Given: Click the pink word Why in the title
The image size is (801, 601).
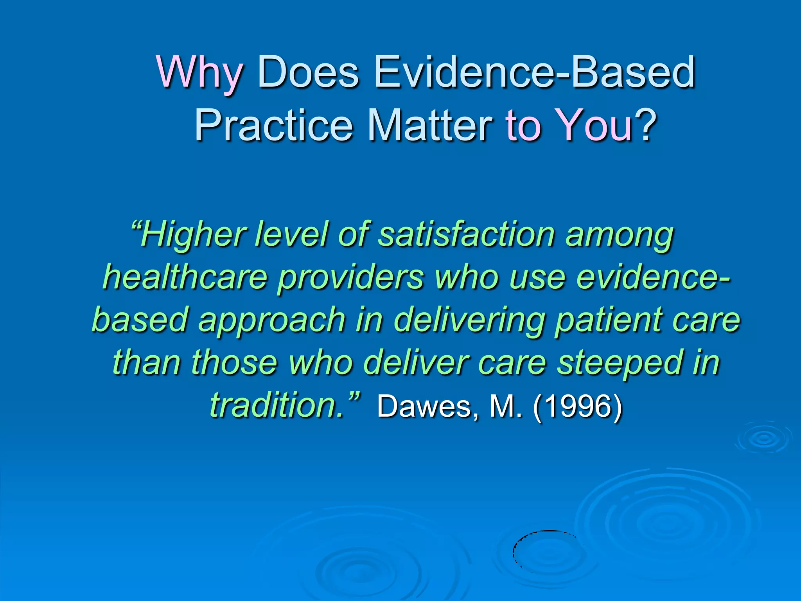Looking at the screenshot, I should [x=199, y=73].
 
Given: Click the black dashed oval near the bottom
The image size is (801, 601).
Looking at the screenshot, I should [x=548, y=550].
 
